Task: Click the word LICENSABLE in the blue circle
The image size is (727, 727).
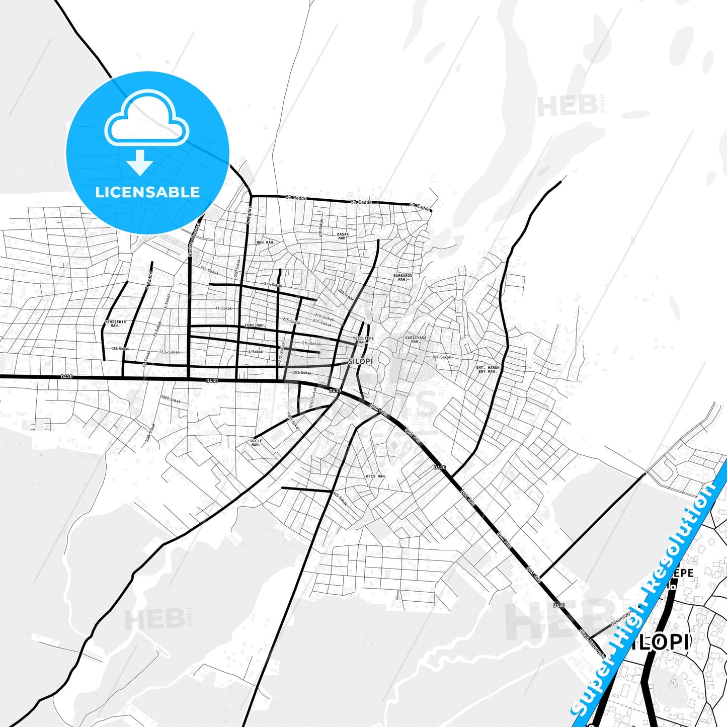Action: [x=147, y=192]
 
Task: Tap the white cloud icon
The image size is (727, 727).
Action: [x=146, y=119]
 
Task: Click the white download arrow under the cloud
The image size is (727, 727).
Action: [x=140, y=163]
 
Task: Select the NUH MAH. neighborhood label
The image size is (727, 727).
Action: [x=265, y=243]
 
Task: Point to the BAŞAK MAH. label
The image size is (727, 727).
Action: [x=343, y=236]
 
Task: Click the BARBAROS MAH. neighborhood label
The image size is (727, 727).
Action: [x=402, y=277]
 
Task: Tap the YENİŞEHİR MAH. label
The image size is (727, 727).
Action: [x=115, y=324]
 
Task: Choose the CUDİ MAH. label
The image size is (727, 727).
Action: [x=255, y=326]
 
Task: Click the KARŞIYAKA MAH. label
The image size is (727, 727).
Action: [x=416, y=340]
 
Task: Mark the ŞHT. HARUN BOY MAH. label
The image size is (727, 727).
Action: [x=488, y=369]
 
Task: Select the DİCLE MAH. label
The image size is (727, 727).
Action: [x=256, y=443]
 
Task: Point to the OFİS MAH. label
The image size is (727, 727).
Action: [x=376, y=476]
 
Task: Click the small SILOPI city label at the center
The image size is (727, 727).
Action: [x=360, y=362]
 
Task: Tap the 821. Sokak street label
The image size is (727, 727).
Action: [x=441, y=357]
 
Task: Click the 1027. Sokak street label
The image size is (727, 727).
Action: [x=171, y=399]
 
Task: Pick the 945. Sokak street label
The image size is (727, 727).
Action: [x=340, y=499]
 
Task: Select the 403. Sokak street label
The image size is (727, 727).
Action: [x=346, y=295]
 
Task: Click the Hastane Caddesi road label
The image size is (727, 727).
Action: [x=194, y=239]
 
